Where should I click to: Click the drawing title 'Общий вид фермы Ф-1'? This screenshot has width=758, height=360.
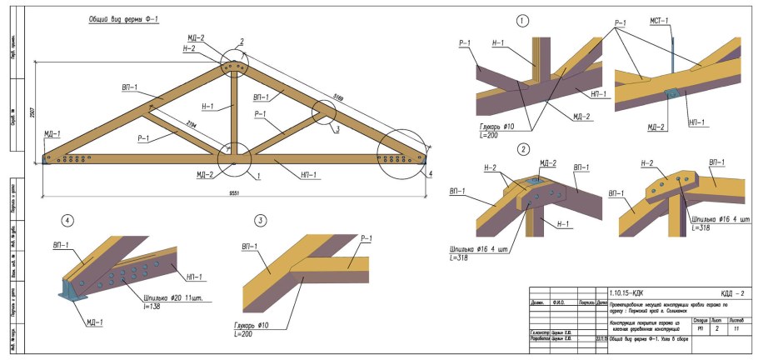click(x=124, y=18)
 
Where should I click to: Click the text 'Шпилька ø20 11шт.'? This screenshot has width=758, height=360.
click(x=172, y=297)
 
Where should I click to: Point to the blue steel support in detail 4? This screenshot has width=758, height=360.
click(x=67, y=289)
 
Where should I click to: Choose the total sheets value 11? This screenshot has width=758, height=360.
click(x=736, y=329)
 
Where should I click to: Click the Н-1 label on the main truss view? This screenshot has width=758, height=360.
click(x=207, y=106)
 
